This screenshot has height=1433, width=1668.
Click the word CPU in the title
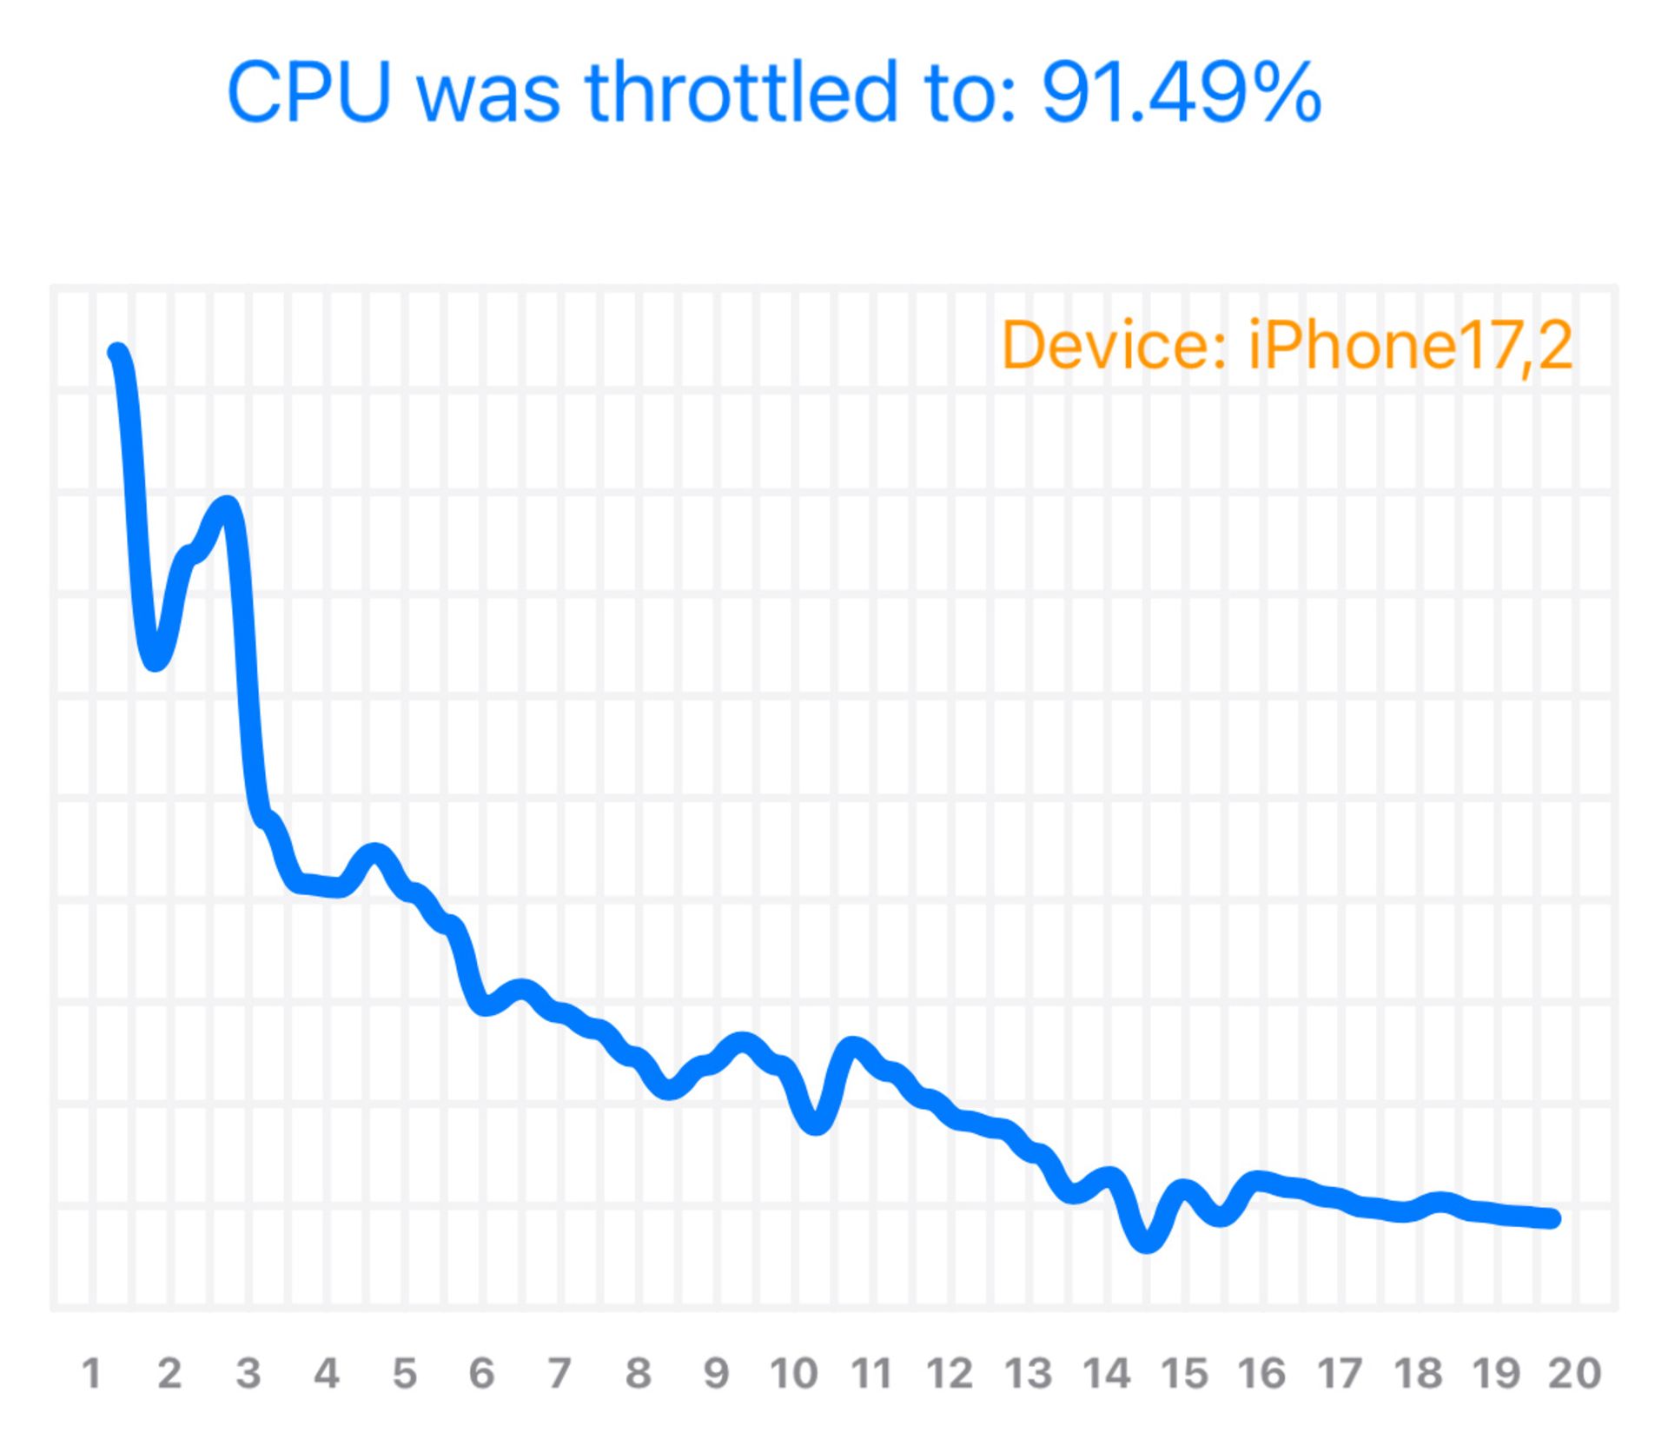(x=308, y=92)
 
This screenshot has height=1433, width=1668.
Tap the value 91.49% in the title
(x=1181, y=92)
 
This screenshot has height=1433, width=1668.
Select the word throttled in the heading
(x=742, y=92)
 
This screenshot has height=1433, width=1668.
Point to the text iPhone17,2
(x=1410, y=346)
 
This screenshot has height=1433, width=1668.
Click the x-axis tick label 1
(x=91, y=1374)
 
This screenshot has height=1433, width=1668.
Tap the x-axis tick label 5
(x=404, y=1374)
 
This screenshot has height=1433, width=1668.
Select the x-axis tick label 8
(x=638, y=1374)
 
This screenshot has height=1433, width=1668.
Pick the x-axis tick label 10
(x=793, y=1374)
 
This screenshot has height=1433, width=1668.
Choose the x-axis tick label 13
(x=1028, y=1374)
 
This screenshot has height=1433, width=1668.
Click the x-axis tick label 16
(x=1261, y=1374)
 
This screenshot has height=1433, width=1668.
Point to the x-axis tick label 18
(x=1418, y=1374)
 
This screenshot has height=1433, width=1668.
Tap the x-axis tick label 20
(x=1574, y=1374)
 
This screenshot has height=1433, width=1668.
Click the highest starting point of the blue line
(x=117, y=352)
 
